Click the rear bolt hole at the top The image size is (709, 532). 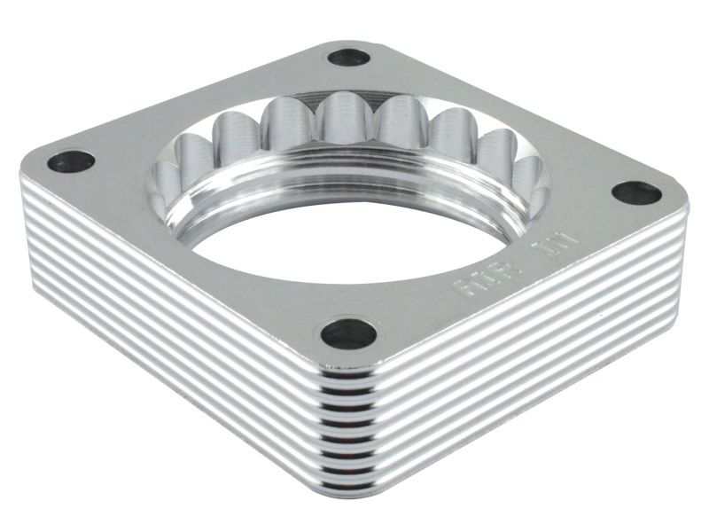click(x=348, y=58)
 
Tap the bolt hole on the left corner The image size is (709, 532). click(x=71, y=161)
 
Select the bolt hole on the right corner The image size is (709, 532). click(x=636, y=192)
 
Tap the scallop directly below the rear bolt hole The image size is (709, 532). click(x=340, y=120)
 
